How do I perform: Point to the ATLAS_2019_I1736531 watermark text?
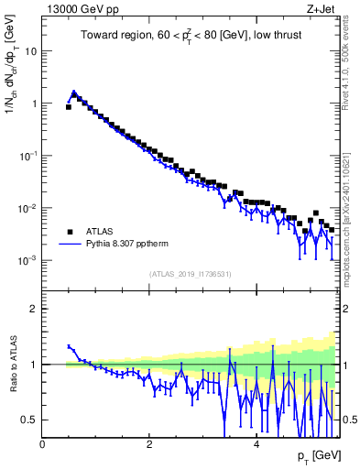tap(191, 274)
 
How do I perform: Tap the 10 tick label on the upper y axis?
tap(30, 51)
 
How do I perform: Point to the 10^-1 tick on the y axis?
tap(27, 157)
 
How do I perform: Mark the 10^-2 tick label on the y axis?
tap(27, 209)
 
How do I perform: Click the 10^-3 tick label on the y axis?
tap(27, 261)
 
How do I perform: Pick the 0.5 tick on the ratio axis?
tap(29, 420)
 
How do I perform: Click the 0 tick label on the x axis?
tap(42, 442)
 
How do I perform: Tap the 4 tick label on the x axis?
tap(256, 442)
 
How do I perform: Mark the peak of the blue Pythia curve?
tap(74, 93)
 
